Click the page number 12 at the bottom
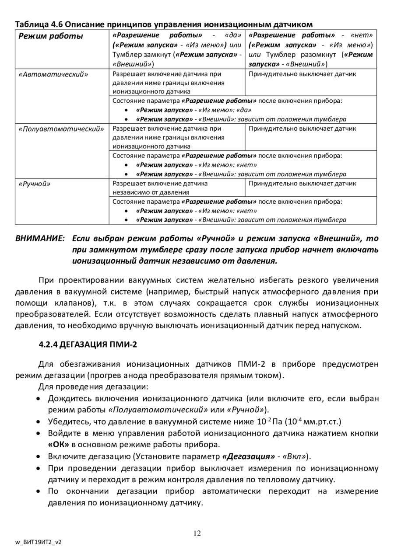[x=197, y=533]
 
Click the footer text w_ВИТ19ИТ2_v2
[x=39, y=542]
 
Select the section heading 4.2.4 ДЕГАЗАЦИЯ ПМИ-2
[x=88, y=344]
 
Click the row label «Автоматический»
[x=53, y=74]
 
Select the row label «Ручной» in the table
[x=35, y=184]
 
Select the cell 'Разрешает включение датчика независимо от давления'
[x=160, y=188]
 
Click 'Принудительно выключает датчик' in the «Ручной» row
[x=302, y=184]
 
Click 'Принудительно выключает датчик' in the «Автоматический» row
[x=302, y=74]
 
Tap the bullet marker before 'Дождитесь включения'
[x=39, y=399]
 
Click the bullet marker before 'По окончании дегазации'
[x=39, y=491]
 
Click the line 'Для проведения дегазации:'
[x=93, y=386]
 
